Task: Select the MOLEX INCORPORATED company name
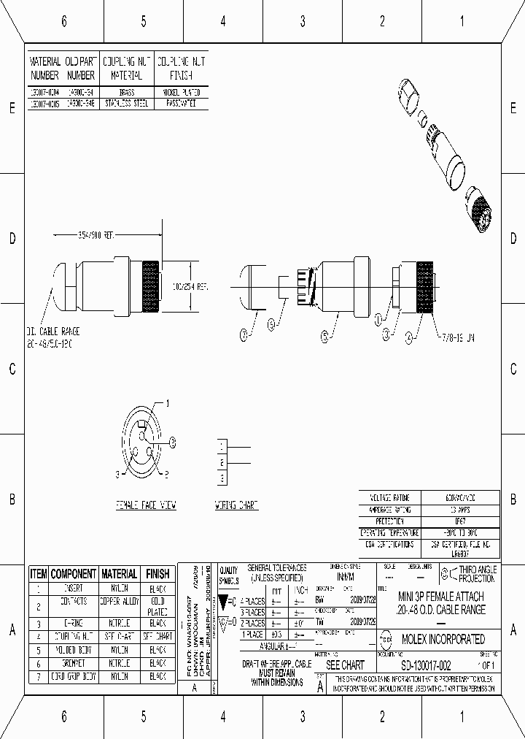click(x=443, y=639)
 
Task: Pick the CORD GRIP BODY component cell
click(x=73, y=677)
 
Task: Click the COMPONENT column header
click(x=73, y=574)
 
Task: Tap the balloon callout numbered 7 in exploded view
click(x=244, y=335)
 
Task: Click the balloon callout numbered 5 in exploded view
click(x=325, y=337)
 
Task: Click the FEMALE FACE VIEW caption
click(x=146, y=505)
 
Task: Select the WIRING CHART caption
click(x=236, y=505)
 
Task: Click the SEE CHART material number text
click(x=344, y=666)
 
